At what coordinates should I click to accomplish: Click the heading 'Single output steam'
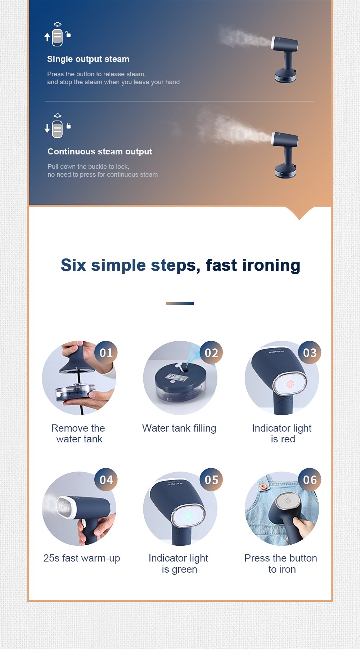pyautogui.click(x=88, y=59)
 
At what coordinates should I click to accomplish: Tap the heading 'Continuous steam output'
pyautogui.click(x=100, y=152)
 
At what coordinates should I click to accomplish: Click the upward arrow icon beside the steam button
pyautogui.click(x=47, y=37)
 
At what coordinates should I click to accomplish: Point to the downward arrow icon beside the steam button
pyautogui.click(x=47, y=129)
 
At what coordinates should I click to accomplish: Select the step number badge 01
pyautogui.click(x=106, y=352)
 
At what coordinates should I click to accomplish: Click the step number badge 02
pyautogui.click(x=211, y=352)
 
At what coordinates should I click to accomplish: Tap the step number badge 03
pyautogui.click(x=310, y=352)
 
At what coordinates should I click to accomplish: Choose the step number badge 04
pyautogui.click(x=106, y=480)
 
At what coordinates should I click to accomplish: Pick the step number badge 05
pyautogui.click(x=211, y=480)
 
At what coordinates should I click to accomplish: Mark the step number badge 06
pyautogui.click(x=310, y=480)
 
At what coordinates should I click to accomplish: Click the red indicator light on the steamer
pyautogui.click(x=290, y=384)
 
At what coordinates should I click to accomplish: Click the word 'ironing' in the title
pyautogui.click(x=271, y=266)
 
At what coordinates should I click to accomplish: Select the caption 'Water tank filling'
pyautogui.click(x=179, y=428)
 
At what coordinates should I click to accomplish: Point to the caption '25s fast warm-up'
pyautogui.click(x=82, y=558)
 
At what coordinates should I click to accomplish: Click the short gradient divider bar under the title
pyautogui.click(x=180, y=303)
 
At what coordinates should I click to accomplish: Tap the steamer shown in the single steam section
pyautogui.click(x=285, y=59)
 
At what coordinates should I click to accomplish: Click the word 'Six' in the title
pyautogui.click(x=73, y=265)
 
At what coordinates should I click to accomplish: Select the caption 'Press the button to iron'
pyautogui.click(x=281, y=564)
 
